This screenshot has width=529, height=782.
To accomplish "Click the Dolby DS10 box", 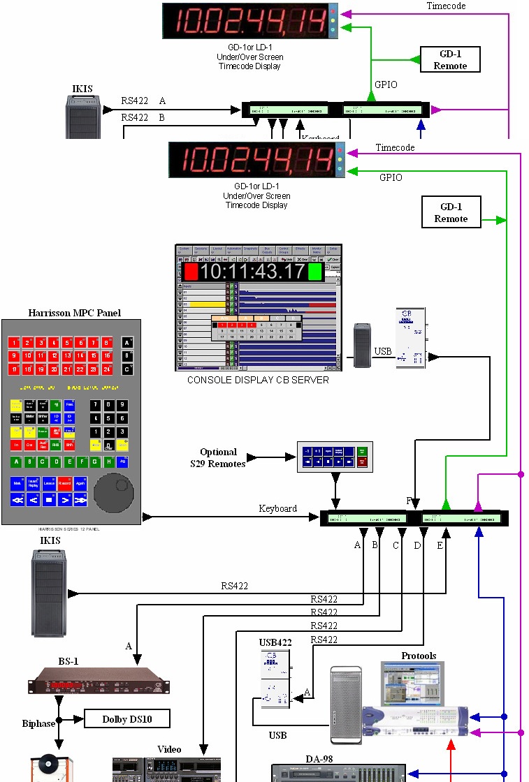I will point(126,719).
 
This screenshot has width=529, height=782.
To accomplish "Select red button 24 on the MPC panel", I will point(107,369).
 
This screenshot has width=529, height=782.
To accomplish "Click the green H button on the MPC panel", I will point(108,462).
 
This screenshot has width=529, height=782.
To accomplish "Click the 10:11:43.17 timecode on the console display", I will point(254,272).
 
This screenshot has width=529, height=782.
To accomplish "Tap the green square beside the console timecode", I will point(315,272).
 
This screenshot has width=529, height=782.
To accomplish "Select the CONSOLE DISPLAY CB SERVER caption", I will point(258,381).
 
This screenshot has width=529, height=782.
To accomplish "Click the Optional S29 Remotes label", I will point(218,457).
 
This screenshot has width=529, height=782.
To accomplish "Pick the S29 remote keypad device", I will point(334,457).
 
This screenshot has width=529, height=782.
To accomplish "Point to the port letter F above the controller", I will point(410,501).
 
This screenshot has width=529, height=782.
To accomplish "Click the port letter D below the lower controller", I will point(417,545).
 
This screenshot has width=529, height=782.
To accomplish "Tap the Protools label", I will point(419,656).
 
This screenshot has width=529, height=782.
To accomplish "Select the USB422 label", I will point(275,642).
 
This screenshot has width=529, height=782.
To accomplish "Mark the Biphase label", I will point(38,723).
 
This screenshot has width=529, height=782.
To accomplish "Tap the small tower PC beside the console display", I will point(362,345).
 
